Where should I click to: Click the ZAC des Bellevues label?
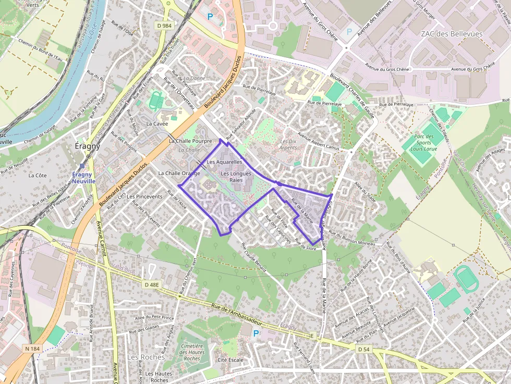pos(452,33)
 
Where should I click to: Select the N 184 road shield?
pos(31,348)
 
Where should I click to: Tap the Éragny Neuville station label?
pos(83,178)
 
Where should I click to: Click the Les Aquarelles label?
pos(224,162)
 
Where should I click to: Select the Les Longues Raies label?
pos(236,177)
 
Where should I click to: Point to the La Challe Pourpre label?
pos(190,141)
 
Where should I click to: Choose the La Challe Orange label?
pos(179,173)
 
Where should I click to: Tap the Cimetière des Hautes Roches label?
pos(192,352)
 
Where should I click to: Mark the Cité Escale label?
pos(230,360)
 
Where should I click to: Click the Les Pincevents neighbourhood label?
pos(144,196)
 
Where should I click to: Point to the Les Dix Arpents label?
pos(288,144)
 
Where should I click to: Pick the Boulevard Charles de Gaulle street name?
pos(352,97)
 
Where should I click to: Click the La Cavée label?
pos(157,124)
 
